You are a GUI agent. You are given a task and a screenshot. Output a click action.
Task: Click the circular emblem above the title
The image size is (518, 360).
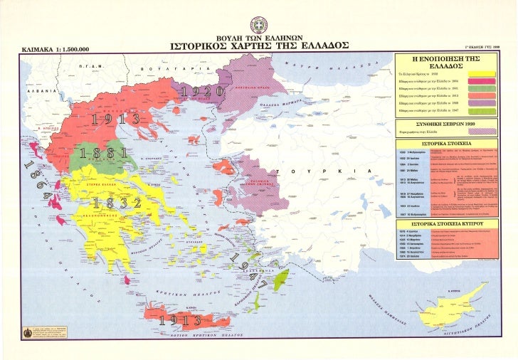pyautogui.click(x=259, y=23)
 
